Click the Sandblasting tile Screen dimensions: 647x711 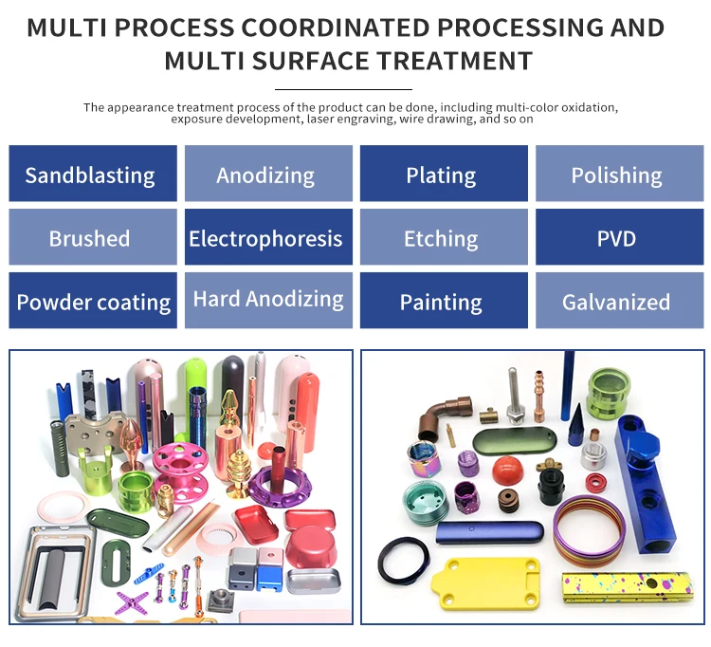pos(93,174)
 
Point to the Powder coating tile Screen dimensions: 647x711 pos(93,302)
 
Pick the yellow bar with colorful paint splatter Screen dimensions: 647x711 pos(627,586)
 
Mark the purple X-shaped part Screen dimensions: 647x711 pos(132,601)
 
